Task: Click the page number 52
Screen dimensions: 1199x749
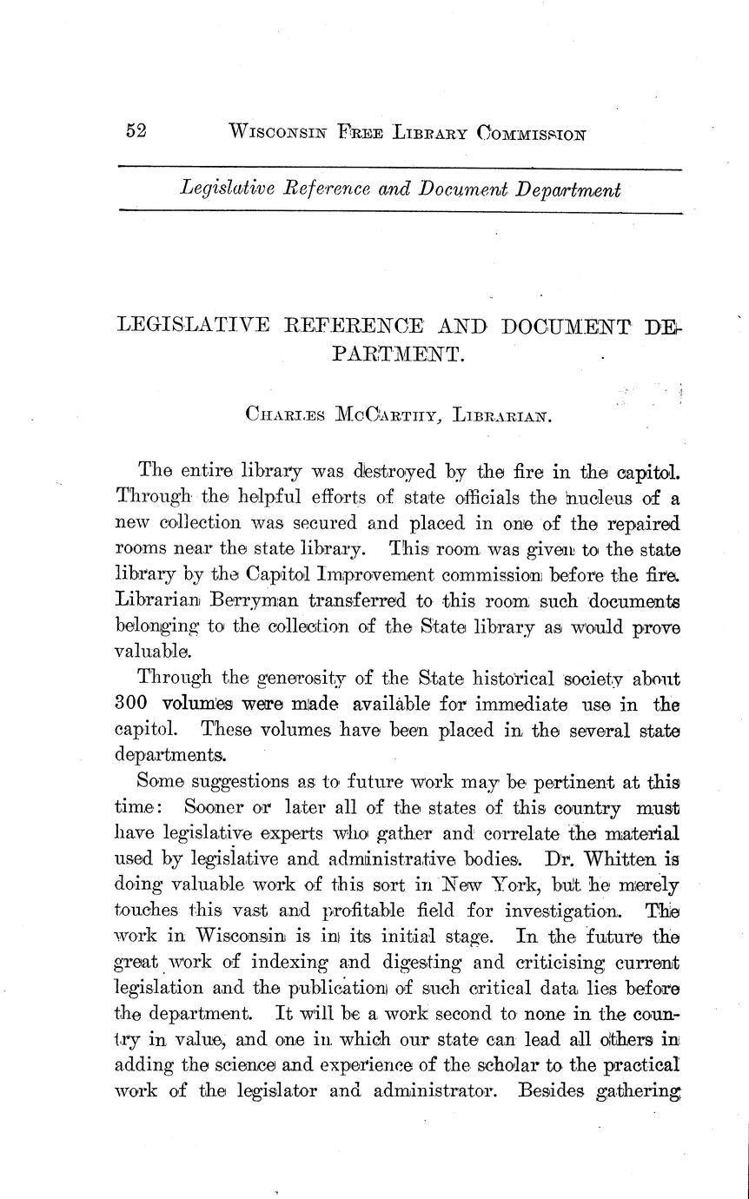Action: tap(136, 131)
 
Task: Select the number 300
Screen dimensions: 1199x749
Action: tap(134, 704)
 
